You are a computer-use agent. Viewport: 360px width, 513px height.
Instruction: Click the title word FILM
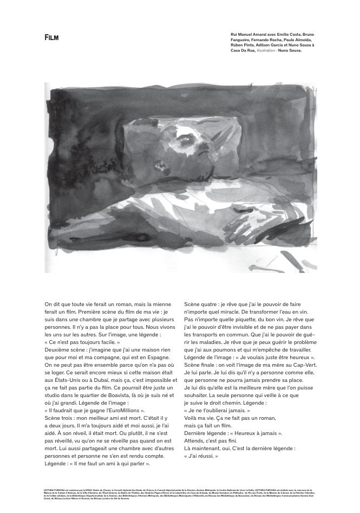(51, 37)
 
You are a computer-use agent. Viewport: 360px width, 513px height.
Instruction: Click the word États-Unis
(61, 380)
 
